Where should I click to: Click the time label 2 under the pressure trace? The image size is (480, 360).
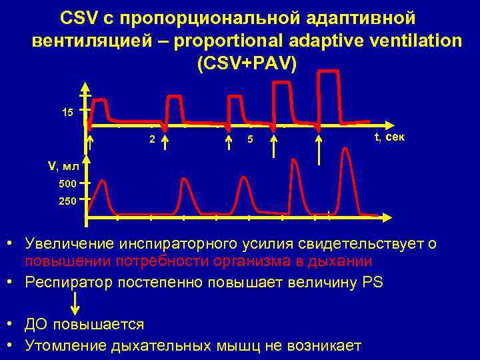point(152,139)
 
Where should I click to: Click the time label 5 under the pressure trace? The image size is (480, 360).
point(249,139)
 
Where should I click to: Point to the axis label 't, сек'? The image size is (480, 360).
point(388,137)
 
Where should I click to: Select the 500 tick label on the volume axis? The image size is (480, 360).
point(68,183)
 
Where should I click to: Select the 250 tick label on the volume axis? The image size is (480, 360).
point(68,200)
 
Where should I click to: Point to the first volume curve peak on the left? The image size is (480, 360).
point(103,181)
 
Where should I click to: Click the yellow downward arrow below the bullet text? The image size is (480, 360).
point(76,303)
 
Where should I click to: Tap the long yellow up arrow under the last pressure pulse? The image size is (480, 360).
point(319,150)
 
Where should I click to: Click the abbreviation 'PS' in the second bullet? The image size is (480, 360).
point(373,282)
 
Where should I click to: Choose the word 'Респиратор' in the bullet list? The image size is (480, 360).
point(65,282)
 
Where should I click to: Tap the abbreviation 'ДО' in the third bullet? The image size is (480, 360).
point(37,325)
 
